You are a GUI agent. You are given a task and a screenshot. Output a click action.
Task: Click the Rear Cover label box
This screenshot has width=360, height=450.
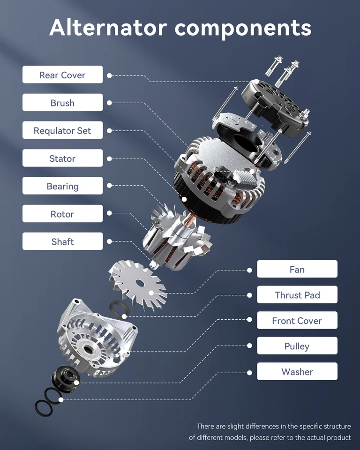pos(62,75)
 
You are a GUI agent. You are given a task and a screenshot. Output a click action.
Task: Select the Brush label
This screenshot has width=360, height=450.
pos(62,103)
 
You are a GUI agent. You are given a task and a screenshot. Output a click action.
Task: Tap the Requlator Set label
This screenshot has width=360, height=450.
pos(62,131)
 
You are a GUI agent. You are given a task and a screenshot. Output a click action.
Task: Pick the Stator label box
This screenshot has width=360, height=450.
pos(62,158)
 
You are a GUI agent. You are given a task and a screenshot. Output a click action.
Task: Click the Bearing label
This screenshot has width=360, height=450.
pos(62,186)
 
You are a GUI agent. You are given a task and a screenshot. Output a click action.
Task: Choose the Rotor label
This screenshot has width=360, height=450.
pos(62,214)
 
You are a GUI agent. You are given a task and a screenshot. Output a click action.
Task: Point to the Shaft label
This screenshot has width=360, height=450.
pos(62,242)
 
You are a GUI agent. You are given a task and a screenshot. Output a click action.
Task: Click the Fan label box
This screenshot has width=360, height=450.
pos(297,270)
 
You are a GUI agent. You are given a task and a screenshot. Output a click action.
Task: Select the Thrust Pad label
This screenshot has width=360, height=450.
pos(297,295)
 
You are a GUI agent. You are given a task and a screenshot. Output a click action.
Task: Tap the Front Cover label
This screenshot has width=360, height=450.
pos(297,321)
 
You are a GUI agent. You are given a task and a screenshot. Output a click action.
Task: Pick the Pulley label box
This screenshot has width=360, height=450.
pos(297,346)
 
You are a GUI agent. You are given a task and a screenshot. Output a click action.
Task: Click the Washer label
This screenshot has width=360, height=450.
pos(297,372)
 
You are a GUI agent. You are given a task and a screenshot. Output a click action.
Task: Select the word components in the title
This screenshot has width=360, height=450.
pos(243,28)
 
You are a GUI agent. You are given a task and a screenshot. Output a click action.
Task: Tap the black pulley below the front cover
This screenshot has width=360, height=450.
pos(63,375)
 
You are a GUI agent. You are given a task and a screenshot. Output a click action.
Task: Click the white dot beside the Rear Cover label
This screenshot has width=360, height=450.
pos(109,75)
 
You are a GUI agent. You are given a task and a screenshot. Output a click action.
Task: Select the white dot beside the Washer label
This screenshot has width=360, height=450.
pos(249,372)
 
